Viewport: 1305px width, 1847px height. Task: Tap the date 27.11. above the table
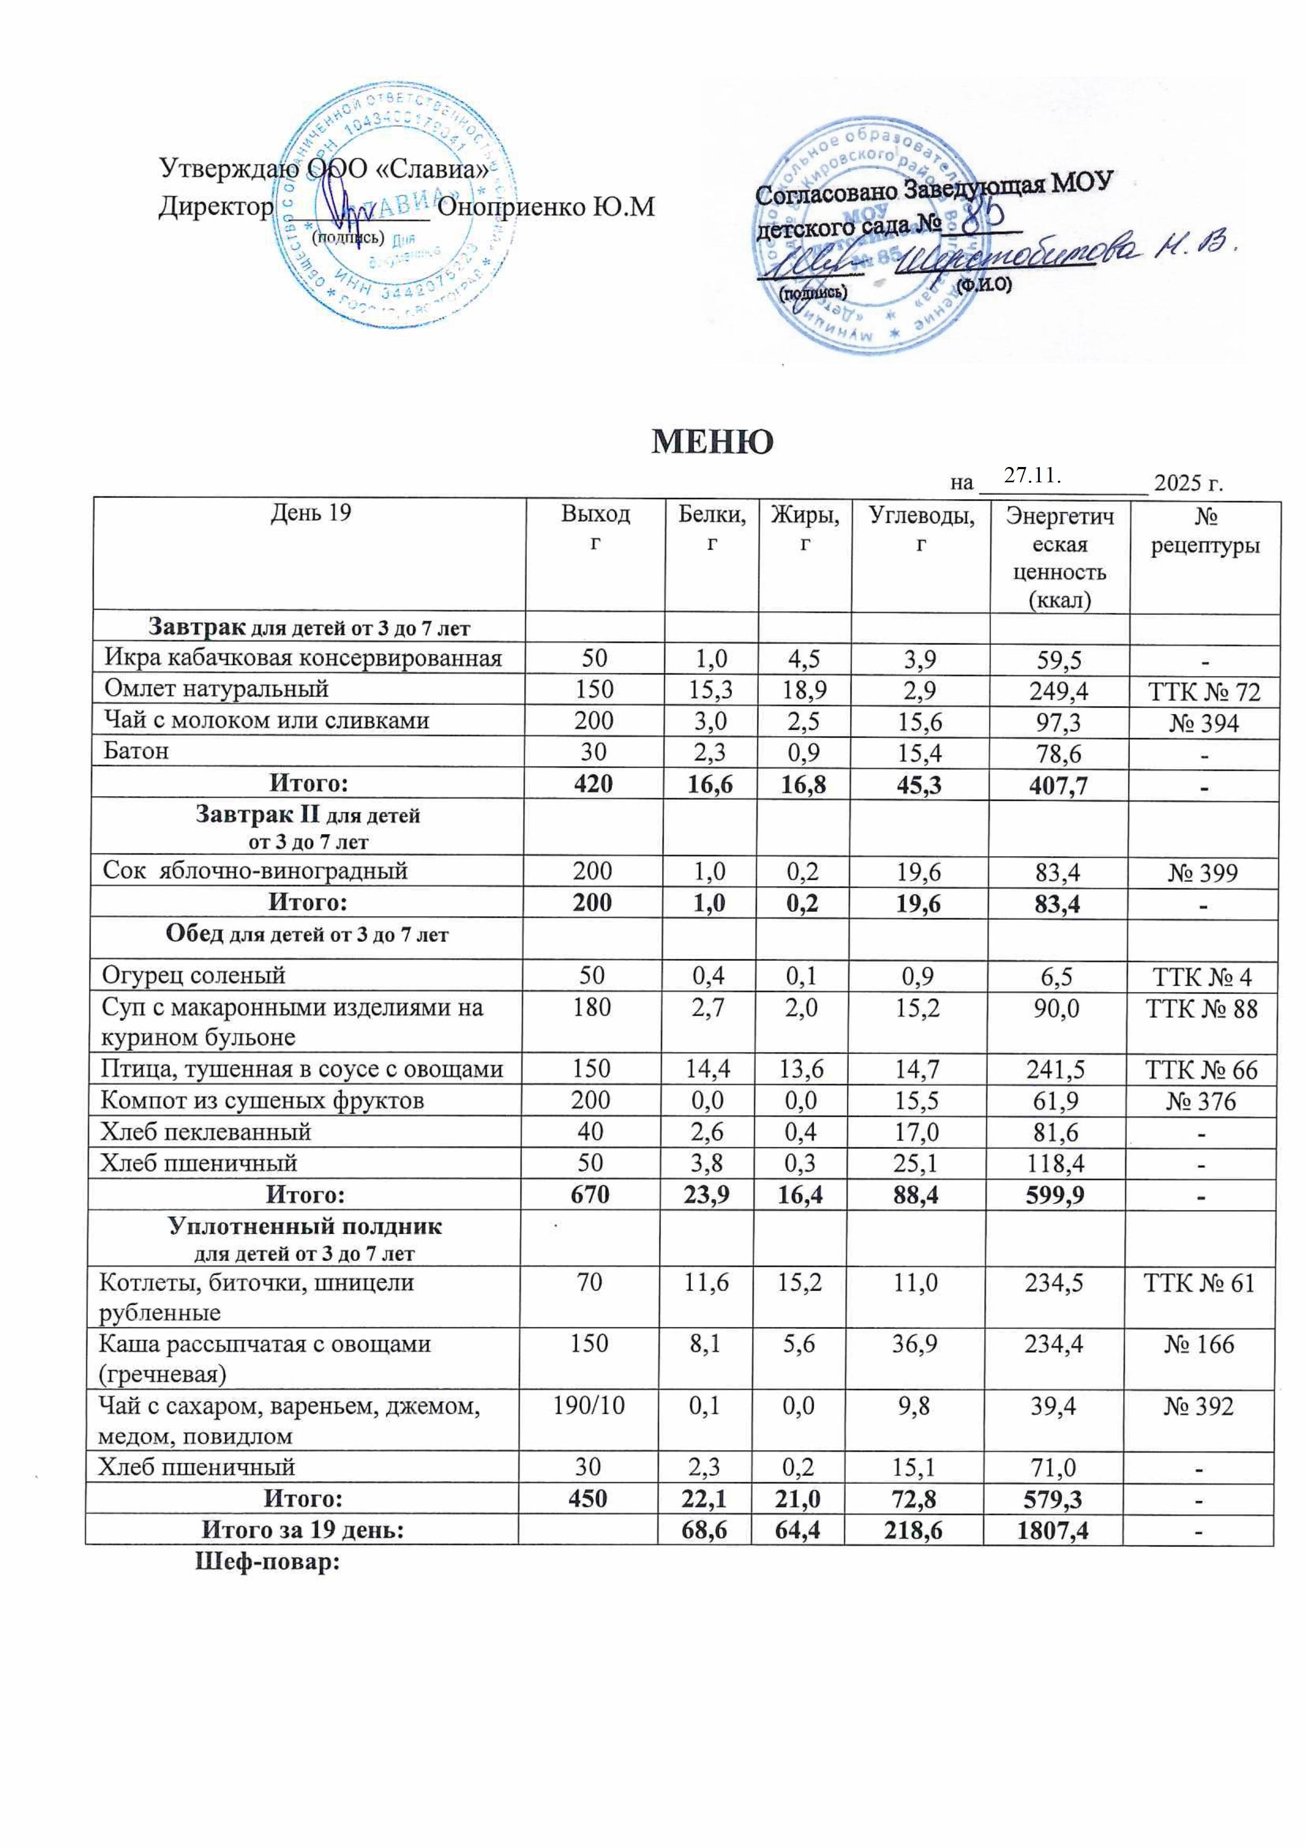1033,476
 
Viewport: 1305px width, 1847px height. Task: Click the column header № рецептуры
1204,530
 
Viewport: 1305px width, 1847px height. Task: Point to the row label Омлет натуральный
216,689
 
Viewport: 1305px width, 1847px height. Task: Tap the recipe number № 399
1203,873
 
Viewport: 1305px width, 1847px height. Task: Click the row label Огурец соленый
193,976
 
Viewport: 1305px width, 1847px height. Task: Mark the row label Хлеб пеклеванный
205,1132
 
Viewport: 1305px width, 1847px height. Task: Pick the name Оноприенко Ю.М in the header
547,207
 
